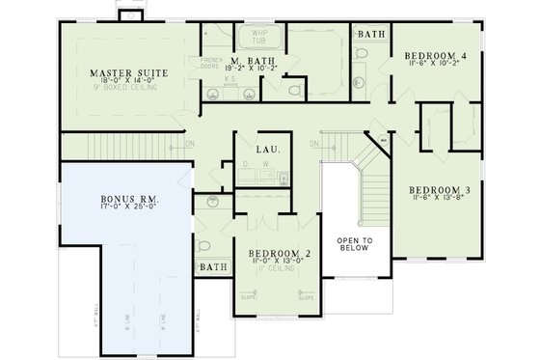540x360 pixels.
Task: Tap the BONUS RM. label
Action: [x=130, y=198]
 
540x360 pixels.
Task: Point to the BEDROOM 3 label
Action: [x=438, y=188]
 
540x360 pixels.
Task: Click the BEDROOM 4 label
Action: [x=435, y=57]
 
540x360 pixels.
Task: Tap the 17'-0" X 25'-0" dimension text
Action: [x=130, y=209]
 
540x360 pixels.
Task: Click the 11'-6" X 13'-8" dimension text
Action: [x=438, y=199]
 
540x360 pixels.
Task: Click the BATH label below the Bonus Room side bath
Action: [x=211, y=266]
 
